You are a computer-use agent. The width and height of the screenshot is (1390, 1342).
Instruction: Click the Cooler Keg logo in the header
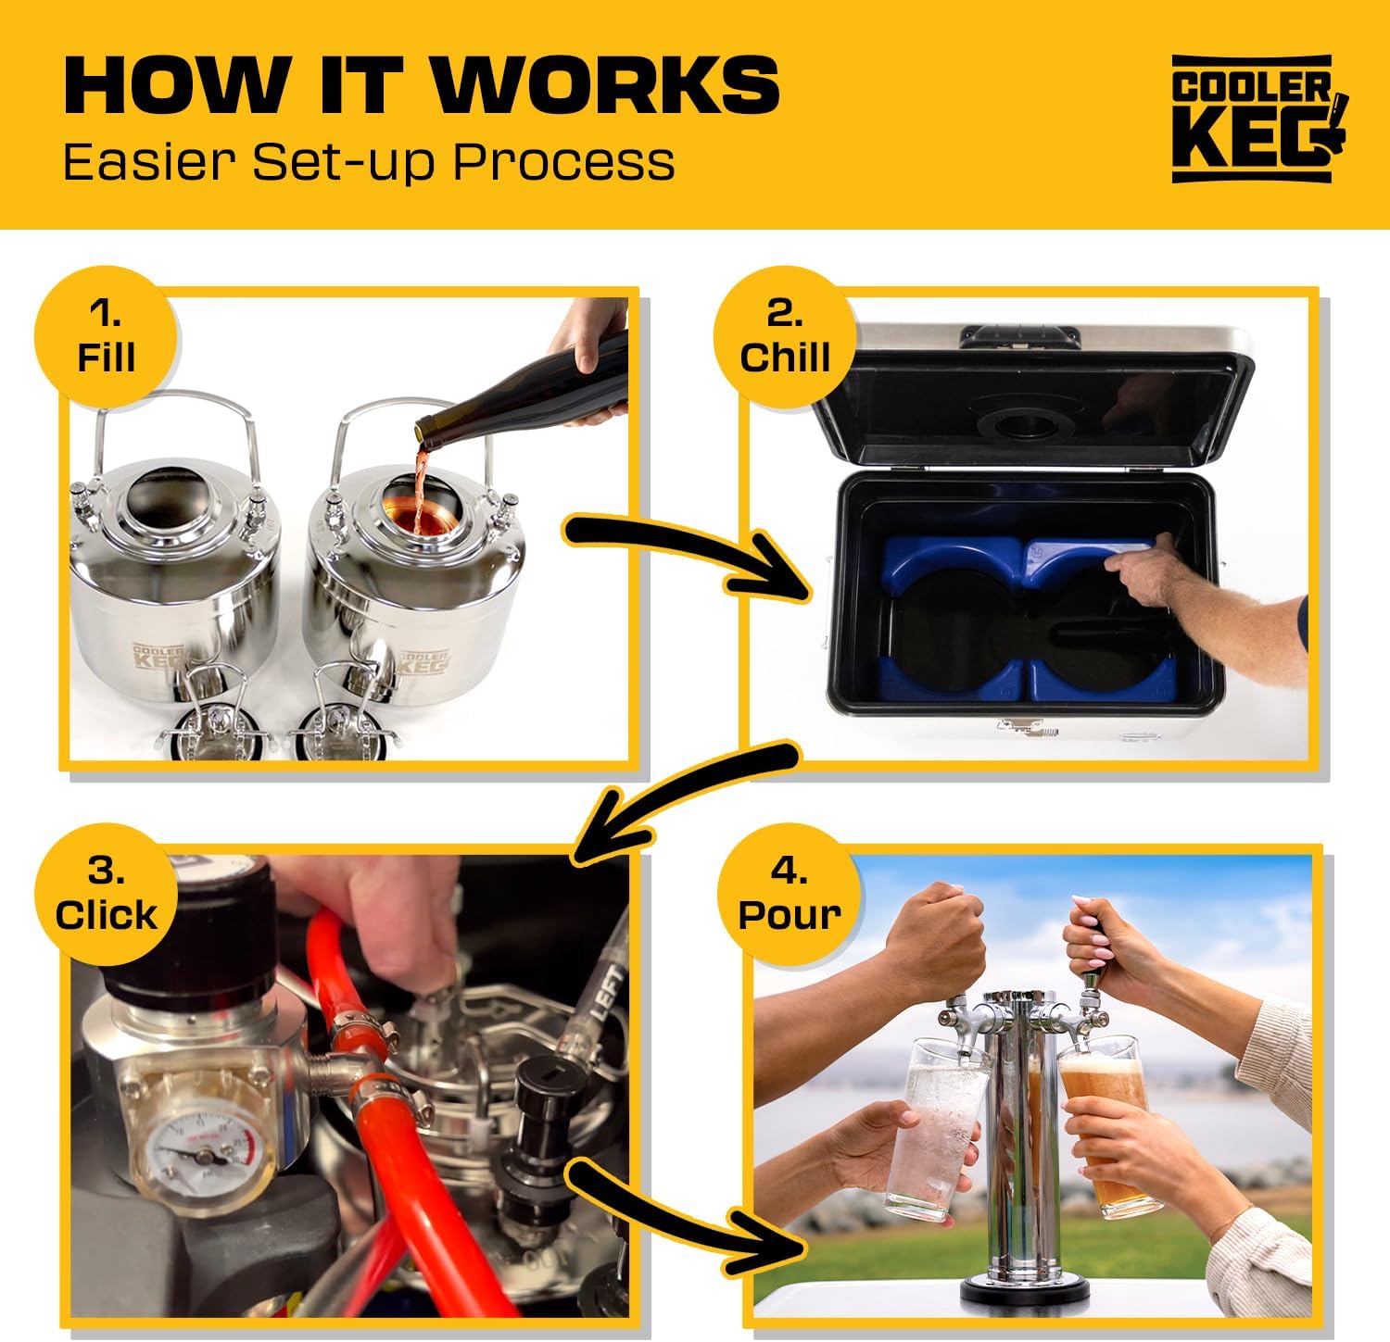click(1258, 119)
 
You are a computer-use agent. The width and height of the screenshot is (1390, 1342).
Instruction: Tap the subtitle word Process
click(563, 161)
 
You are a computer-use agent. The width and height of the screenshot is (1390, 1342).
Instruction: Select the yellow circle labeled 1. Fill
click(107, 337)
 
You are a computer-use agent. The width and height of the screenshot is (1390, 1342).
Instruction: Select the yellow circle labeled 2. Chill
click(784, 337)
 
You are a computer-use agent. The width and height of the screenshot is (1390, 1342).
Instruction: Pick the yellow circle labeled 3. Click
click(107, 895)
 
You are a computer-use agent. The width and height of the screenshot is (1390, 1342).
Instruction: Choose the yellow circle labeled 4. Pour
click(789, 895)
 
